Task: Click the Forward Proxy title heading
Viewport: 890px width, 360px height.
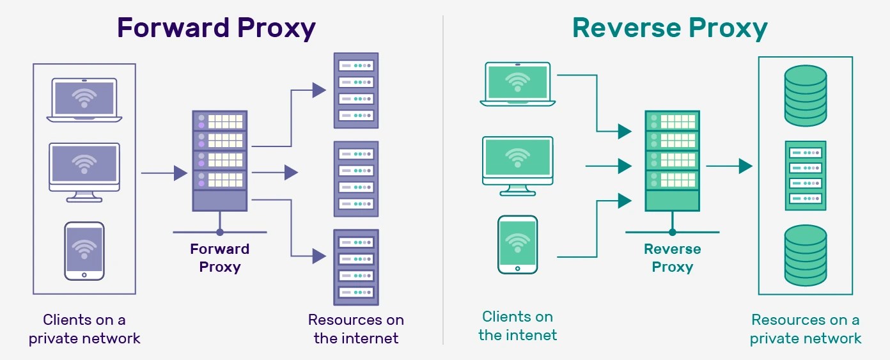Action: [x=216, y=29]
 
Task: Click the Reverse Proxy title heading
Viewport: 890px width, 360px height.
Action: [x=670, y=29]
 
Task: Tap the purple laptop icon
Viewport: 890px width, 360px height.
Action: [x=84, y=100]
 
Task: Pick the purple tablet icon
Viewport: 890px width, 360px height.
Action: [x=84, y=251]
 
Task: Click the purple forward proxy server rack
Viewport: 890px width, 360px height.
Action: [x=219, y=160]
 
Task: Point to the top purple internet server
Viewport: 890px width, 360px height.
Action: [x=356, y=90]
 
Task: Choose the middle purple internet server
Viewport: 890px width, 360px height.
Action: [x=356, y=178]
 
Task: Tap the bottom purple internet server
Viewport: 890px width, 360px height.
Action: [x=356, y=267]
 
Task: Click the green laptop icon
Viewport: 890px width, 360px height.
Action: [x=517, y=84]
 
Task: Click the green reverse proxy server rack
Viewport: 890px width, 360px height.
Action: [x=672, y=160]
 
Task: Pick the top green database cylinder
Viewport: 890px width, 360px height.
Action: [x=805, y=95]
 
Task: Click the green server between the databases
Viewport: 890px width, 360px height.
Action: [x=805, y=176]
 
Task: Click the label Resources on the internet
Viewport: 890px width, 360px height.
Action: [x=356, y=329]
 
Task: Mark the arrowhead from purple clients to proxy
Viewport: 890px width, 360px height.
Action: [x=180, y=173]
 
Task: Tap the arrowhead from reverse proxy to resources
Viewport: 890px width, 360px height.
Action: [x=745, y=166]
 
